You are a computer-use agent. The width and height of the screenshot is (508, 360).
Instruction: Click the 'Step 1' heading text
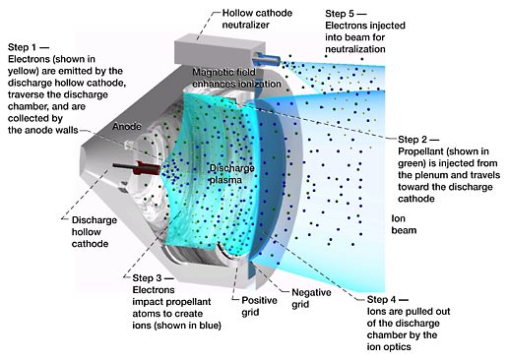pos(22,47)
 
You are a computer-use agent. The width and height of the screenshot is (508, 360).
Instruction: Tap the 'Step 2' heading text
pos(413,140)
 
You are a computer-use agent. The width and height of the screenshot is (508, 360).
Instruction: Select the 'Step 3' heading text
pos(147,278)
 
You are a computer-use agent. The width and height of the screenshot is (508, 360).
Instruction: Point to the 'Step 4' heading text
pos(381,299)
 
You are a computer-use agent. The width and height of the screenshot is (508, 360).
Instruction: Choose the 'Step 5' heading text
pos(340,14)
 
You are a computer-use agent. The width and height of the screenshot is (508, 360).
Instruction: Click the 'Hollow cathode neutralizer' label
pos(257,19)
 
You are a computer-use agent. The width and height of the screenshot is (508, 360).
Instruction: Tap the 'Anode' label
pos(127,126)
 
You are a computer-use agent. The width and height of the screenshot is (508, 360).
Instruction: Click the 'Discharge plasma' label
pos(232,174)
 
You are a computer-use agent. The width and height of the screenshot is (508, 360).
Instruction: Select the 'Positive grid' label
pos(259,306)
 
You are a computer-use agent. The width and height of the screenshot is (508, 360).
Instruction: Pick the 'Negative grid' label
pos(311,298)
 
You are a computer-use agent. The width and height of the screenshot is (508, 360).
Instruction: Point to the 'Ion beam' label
pos(404,224)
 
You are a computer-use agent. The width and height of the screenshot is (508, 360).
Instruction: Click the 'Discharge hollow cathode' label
pos(95,232)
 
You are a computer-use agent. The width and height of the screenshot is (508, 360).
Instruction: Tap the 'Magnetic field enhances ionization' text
pos(236,78)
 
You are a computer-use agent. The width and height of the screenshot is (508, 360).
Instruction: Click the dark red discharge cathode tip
pos(148,168)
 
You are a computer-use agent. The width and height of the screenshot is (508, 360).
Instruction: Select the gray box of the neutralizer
pos(220,52)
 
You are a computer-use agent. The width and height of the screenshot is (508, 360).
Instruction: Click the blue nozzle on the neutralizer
pos(267,59)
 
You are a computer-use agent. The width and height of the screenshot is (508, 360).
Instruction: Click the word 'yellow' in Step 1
pos(21,71)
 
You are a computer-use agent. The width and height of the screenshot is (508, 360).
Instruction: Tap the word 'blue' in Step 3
pos(208,326)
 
